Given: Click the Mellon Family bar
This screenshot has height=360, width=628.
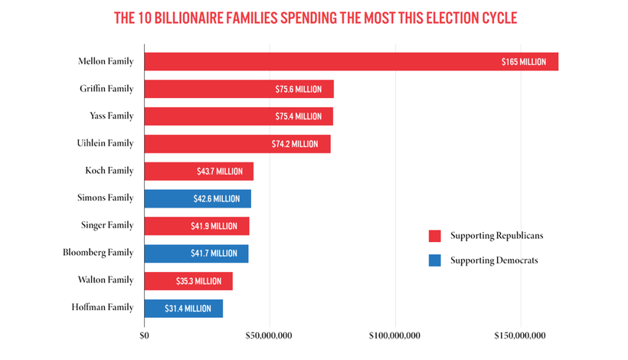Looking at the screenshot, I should (x=351, y=61).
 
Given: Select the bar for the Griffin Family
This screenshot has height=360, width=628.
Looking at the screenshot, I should (x=238, y=89).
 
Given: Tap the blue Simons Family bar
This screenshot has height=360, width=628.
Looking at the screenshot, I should (x=197, y=198).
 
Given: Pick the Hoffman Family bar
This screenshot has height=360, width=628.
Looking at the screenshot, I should (x=183, y=308).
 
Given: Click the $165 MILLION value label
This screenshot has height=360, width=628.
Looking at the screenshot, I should (x=524, y=61).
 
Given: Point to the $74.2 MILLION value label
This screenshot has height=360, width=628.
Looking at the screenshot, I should (x=295, y=144).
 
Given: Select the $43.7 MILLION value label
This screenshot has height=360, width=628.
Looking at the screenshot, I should (x=219, y=172).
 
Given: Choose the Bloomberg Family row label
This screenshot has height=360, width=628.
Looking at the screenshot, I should (x=98, y=253).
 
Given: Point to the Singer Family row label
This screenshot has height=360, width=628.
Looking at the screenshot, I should (x=107, y=225).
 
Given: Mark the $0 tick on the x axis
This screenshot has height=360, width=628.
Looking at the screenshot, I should (x=144, y=335).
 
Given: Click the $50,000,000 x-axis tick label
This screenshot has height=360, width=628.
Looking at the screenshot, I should (x=269, y=335).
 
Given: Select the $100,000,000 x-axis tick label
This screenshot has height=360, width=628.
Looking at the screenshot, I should (x=394, y=335).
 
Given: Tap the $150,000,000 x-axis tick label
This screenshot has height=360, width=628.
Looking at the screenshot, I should (x=521, y=335).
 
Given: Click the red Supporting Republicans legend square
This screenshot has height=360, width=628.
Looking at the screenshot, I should (x=435, y=236).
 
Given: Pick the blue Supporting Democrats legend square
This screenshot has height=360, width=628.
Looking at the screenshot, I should (x=435, y=260).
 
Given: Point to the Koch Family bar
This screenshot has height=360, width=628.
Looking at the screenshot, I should (x=198, y=172).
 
